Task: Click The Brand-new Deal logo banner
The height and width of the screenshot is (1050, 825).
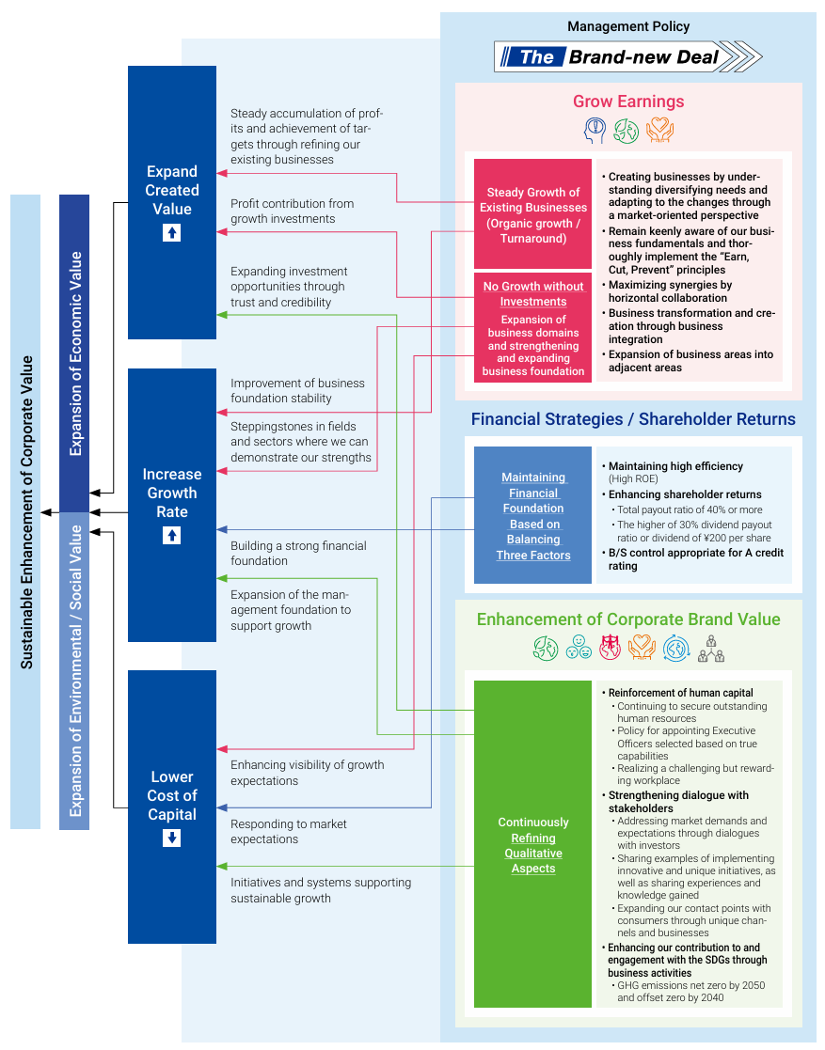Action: point(627,56)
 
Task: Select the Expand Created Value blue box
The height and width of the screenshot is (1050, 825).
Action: point(172,202)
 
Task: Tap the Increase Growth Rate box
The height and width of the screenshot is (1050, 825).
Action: point(172,505)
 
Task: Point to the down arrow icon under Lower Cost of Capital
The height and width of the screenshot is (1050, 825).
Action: point(171,838)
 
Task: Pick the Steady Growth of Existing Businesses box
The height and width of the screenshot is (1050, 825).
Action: point(533,215)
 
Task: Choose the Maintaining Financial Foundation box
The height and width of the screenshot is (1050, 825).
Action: point(533,516)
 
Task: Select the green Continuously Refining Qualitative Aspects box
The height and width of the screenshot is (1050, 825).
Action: point(533,844)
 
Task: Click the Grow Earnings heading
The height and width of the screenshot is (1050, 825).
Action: point(628,102)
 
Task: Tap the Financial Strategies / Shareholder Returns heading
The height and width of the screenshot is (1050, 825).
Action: point(633,419)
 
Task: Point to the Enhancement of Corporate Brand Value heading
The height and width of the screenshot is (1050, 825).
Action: point(628,619)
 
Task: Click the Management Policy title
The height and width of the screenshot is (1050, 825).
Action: point(628,26)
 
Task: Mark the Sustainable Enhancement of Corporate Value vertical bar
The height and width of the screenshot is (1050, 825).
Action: point(25,511)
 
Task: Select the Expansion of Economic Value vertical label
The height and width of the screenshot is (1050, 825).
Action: point(74,353)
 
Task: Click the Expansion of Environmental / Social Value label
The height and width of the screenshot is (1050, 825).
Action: point(74,670)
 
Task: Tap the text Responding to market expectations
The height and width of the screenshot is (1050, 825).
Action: point(289,832)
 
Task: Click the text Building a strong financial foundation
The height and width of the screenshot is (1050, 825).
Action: point(298,554)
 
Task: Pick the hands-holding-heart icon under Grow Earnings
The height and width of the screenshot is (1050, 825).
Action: point(659,130)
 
